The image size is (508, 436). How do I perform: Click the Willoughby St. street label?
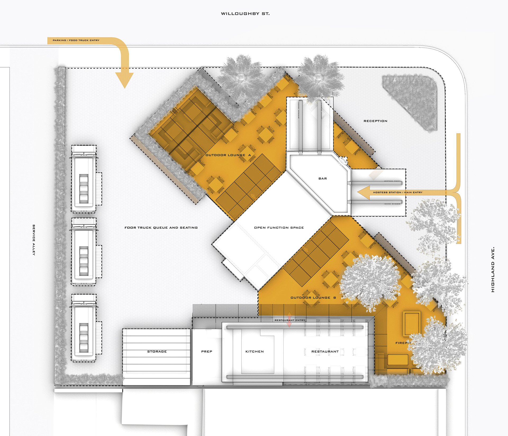point(245,14)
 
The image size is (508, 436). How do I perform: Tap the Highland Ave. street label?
point(493,270)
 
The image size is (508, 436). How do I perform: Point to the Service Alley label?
point(34,240)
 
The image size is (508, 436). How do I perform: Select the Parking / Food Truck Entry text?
point(76,40)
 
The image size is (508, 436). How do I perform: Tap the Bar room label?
point(323,179)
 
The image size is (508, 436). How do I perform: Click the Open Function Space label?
point(279,228)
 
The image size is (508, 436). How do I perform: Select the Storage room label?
point(157,352)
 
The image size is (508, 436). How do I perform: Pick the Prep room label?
point(207,352)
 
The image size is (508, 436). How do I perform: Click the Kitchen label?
point(255,352)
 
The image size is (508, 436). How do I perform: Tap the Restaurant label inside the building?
point(325,352)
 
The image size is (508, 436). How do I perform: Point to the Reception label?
point(375,121)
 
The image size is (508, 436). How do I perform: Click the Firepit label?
point(403,343)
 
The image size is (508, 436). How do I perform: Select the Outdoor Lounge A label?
point(228,155)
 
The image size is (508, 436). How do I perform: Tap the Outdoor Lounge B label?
point(313,298)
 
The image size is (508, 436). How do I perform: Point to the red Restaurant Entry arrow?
point(289,320)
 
